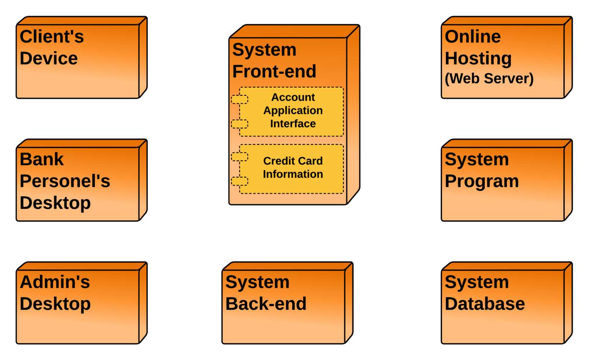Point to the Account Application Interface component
(x=293, y=111)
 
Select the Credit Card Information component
(x=293, y=168)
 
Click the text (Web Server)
(x=489, y=79)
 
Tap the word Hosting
(x=478, y=59)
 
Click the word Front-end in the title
(x=274, y=71)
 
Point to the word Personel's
(x=65, y=181)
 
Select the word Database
(x=485, y=304)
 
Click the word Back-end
(x=266, y=304)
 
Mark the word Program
(x=482, y=181)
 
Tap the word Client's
(x=52, y=37)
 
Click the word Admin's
(x=55, y=282)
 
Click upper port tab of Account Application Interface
(x=240, y=99)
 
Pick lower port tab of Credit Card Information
(x=240, y=181)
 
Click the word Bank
(x=42, y=159)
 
